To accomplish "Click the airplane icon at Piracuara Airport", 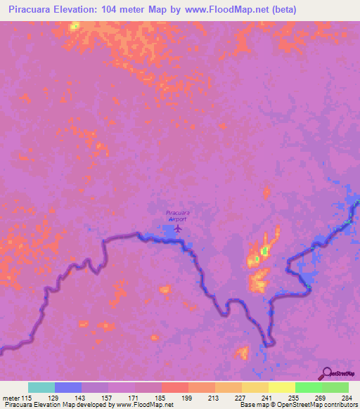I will tap(178, 228).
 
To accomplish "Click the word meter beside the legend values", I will tap(11, 398).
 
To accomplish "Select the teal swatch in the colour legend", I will tap(41, 387).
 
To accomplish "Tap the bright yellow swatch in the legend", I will tap(281, 387).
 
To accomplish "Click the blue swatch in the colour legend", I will tap(67, 387).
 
